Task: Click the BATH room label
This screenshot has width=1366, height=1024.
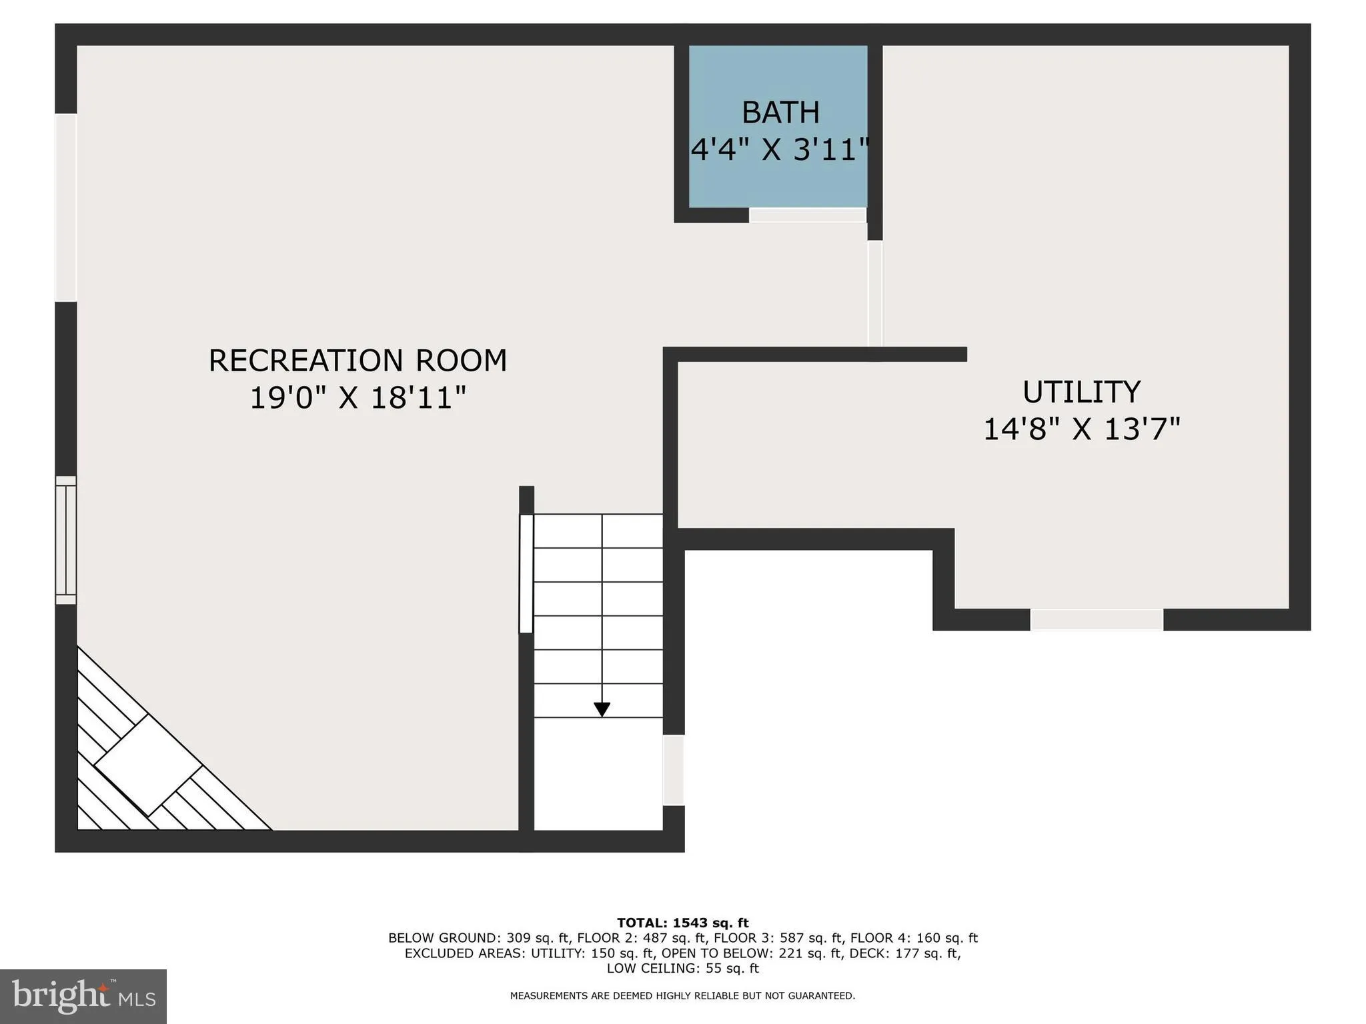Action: pyautogui.click(x=780, y=113)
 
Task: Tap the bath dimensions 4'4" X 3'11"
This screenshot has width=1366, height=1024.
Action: pyautogui.click(x=780, y=150)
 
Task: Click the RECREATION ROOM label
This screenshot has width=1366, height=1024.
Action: pyautogui.click(x=358, y=361)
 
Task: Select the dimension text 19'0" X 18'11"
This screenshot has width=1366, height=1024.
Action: pyautogui.click(x=358, y=398)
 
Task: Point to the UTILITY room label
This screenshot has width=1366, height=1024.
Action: pyautogui.click(x=1081, y=392)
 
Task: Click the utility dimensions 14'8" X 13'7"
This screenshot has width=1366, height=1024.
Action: pyautogui.click(x=1081, y=429)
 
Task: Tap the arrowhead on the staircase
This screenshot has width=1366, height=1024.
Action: pyautogui.click(x=602, y=709)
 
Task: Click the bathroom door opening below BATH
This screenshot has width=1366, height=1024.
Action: pyautogui.click(x=807, y=215)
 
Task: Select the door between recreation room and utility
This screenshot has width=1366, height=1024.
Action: pyautogui.click(x=874, y=293)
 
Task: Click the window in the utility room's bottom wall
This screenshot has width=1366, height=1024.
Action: pyautogui.click(x=1097, y=619)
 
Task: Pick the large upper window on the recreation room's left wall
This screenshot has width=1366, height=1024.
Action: pyautogui.click(x=65, y=207)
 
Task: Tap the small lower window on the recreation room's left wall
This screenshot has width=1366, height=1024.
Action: pyautogui.click(x=65, y=540)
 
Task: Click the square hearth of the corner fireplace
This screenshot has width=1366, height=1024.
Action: pyautogui.click(x=147, y=765)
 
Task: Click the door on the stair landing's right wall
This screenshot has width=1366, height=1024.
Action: pyautogui.click(x=673, y=770)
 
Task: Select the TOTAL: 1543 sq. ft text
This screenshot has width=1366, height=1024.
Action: pyautogui.click(x=682, y=923)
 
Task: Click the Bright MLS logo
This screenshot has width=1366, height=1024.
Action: pyautogui.click(x=83, y=996)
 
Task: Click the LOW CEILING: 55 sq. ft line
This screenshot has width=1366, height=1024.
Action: pyautogui.click(x=682, y=969)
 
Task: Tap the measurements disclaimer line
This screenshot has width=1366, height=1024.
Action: pyautogui.click(x=682, y=996)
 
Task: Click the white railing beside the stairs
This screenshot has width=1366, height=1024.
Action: pyautogui.click(x=526, y=573)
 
